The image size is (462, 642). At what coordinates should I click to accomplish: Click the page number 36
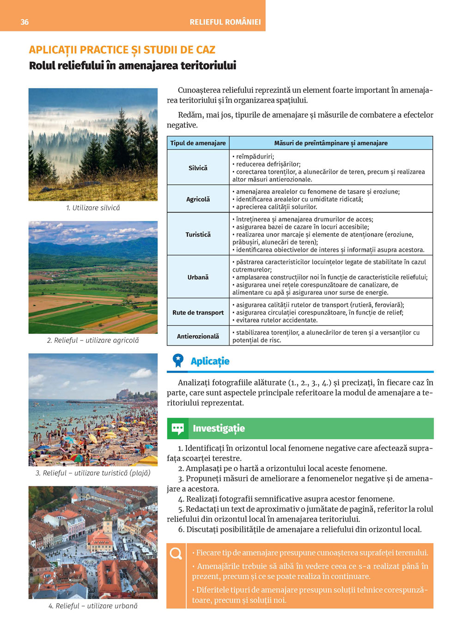(x=24, y=22)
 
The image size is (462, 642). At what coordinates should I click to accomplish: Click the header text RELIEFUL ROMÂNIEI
(x=225, y=22)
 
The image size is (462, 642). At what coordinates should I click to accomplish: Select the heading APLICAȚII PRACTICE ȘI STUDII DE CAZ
(x=122, y=50)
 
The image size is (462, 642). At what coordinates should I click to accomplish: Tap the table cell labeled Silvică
(x=198, y=168)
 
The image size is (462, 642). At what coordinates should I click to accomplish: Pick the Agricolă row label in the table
(x=198, y=199)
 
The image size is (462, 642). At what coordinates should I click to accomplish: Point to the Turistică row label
(x=198, y=234)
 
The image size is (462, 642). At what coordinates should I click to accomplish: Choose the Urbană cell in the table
(x=198, y=277)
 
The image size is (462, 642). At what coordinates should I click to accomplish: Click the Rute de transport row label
(x=198, y=313)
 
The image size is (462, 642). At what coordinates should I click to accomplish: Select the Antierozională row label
(x=198, y=336)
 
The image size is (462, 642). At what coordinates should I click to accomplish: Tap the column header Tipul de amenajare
(x=198, y=143)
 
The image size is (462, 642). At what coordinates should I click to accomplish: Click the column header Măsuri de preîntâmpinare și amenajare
(x=331, y=143)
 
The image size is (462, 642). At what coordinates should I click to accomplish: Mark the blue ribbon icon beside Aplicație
(x=178, y=361)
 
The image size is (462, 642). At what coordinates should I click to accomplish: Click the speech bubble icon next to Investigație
(x=178, y=429)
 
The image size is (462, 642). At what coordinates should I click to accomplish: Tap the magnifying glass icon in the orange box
(x=176, y=553)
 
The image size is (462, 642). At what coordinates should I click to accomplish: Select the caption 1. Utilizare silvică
(x=93, y=208)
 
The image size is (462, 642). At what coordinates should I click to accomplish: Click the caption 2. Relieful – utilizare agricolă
(x=93, y=340)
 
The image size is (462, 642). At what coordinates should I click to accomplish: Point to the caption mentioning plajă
(x=93, y=473)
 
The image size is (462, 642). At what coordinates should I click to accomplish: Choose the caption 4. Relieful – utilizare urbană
(x=93, y=606)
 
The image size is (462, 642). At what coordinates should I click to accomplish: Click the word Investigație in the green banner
(x=219, y=429)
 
